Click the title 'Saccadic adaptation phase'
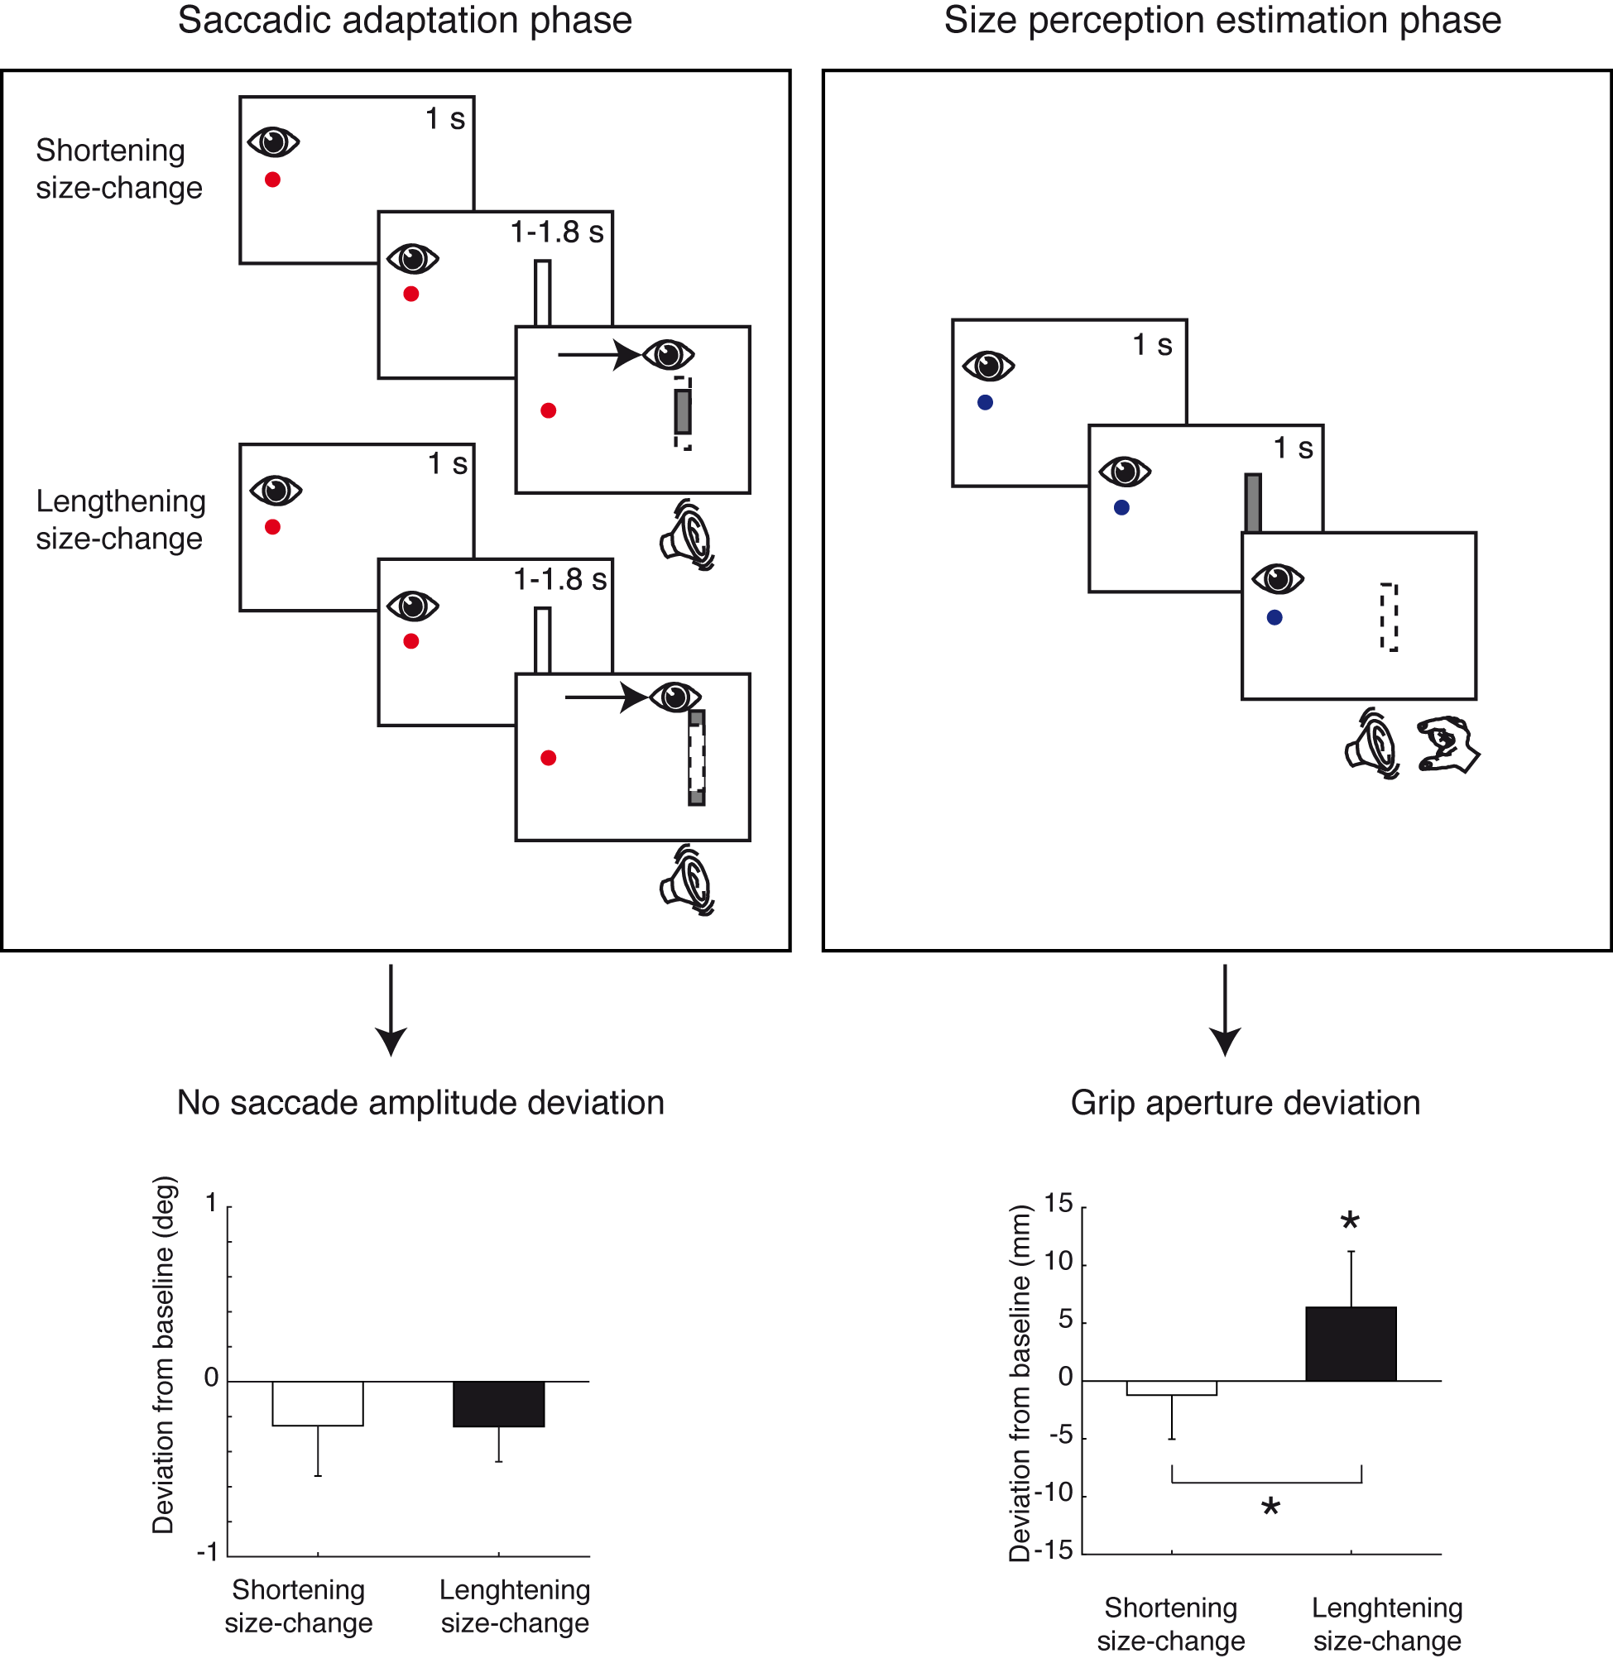coord(405,21)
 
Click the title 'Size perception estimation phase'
coord(1222,21)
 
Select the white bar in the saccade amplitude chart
coord(317,1403)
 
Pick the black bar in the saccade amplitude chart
coord(498,1403)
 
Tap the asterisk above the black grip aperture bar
coord(1350,1223)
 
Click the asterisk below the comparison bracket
coord(1270,1508)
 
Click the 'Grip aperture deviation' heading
coord(1245,1103)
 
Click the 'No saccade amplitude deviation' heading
coord(420,1103)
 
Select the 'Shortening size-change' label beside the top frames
coord(119,169)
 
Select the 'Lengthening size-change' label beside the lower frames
coord(120,520)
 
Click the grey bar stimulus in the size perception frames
coord(1252,502)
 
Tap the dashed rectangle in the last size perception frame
coord(1389,617)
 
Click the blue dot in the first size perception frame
coord(985,402)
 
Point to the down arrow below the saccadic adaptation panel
coord(391,1009)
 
